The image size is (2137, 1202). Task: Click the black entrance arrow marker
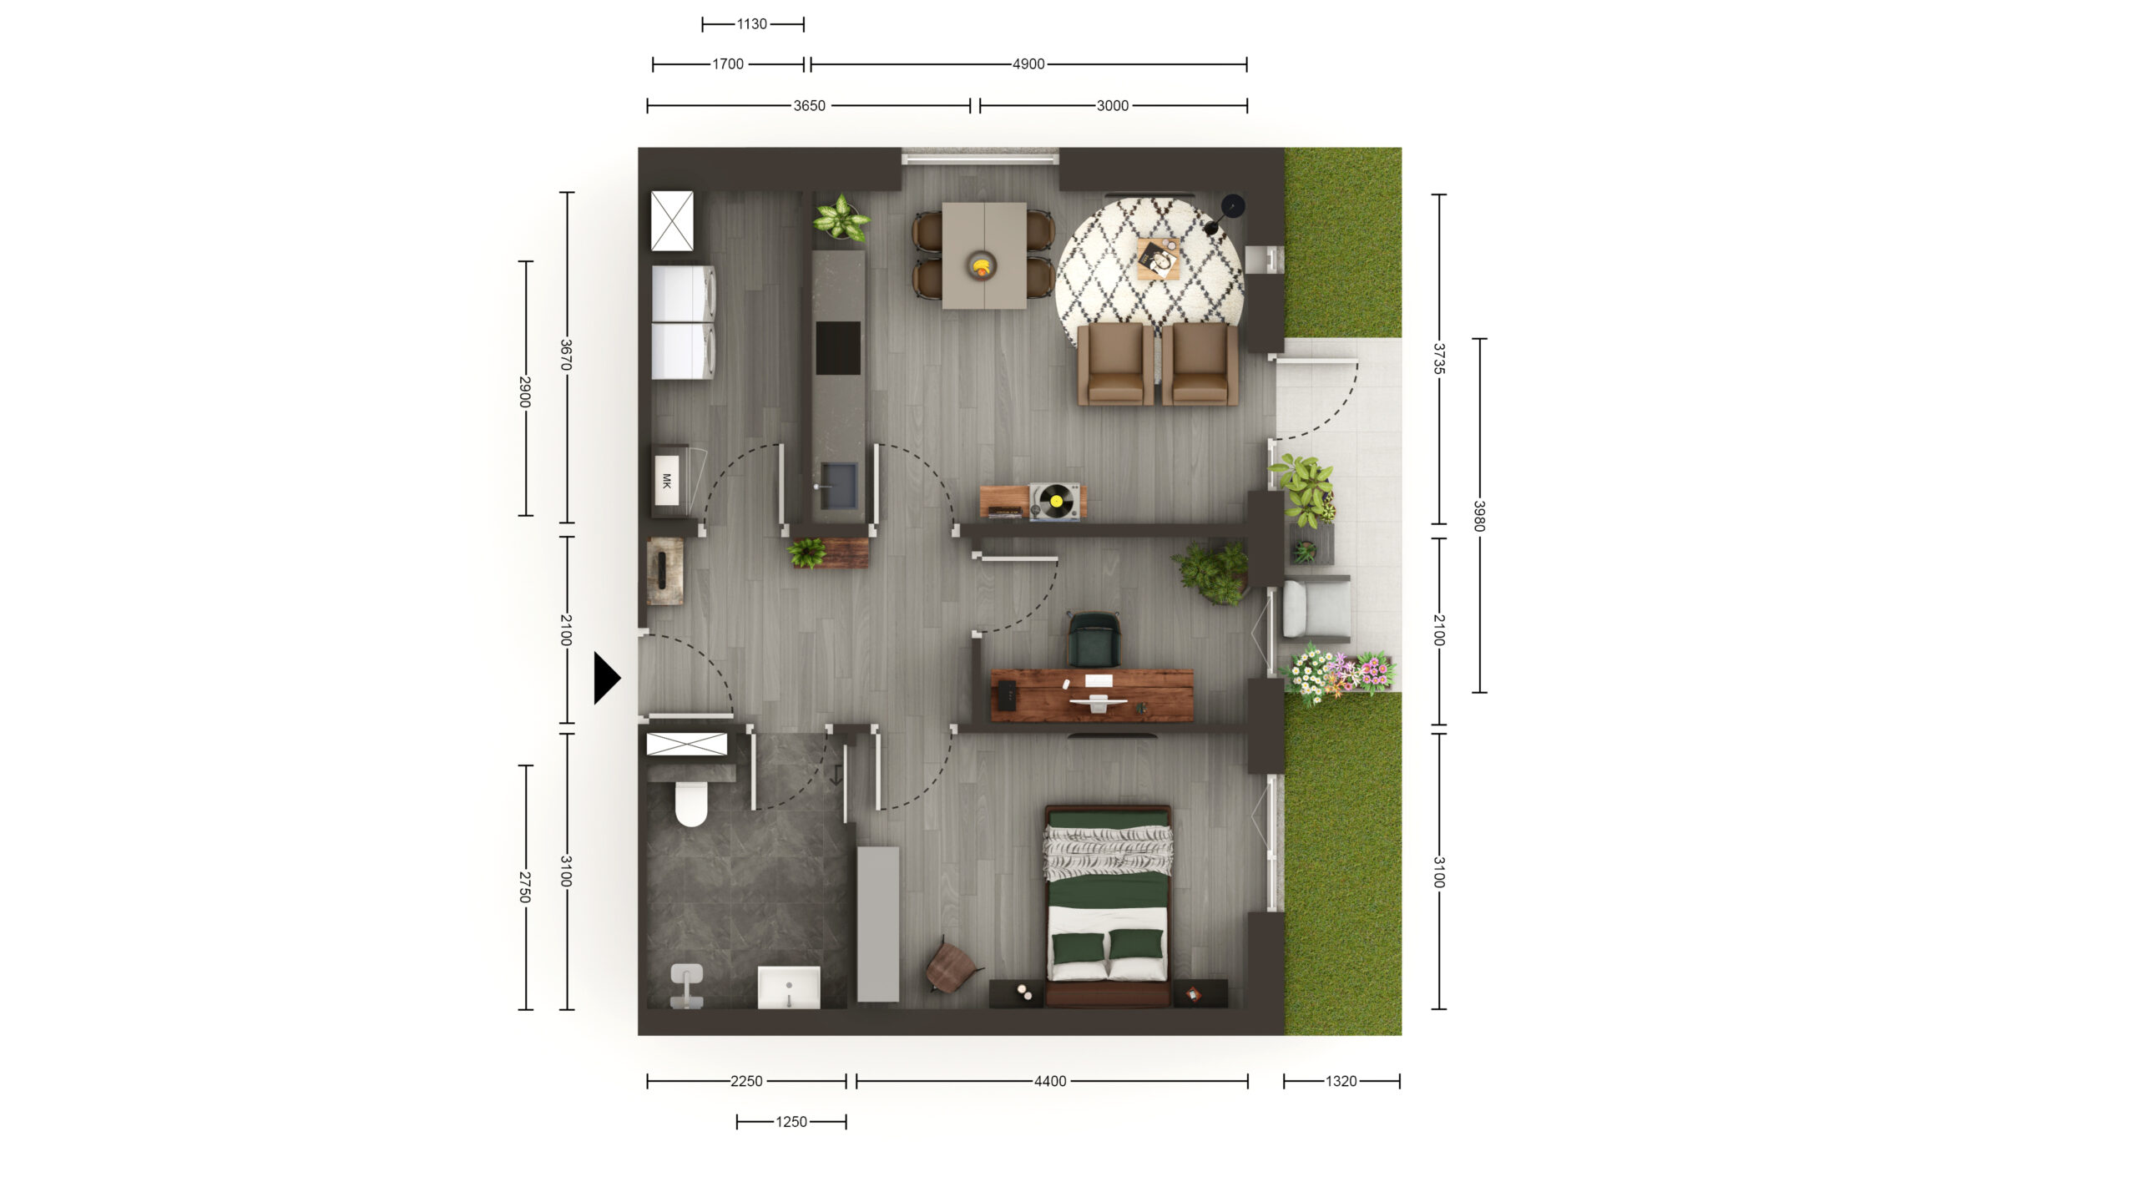pyautogui.click(x=606, y=678)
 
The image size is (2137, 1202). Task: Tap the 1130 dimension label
pyautogui.click(x=751, y=24)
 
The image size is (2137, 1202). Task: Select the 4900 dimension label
pyautogui.click(x=1028, y=64)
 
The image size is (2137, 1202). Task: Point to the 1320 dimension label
pyautogui.click(x=1341, y=1081)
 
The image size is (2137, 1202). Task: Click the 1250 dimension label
pyautogui.click(x=791, y=1122)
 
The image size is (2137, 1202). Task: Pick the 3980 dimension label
pyautogui.click(x=1479, y=515)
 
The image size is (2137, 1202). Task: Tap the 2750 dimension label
pyautogui.click(x=525, y=886)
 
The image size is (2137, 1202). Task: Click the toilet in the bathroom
pyautogui.click(x=690, y=803)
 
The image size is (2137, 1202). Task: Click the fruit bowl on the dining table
pyautogui.click(x=983, y=266)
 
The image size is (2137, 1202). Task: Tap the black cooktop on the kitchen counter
pyautogui.click(x=838, y=348)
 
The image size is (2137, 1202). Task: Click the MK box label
pyautogui.click(x=666, y=481)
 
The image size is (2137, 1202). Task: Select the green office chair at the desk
pyautogui.click(x=1094, y=639)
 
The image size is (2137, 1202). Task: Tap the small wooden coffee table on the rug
pyautogui.click(x=1159, y=258)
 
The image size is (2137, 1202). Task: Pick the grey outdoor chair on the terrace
pyautogui.click(x=1316, y=609)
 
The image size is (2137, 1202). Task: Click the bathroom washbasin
pyautogui.click(x=789, y=987)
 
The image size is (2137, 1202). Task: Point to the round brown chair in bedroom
pyautogui.click(x=952, y=966)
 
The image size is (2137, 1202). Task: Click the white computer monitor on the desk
pyautogui.click(x=1099, y=701)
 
